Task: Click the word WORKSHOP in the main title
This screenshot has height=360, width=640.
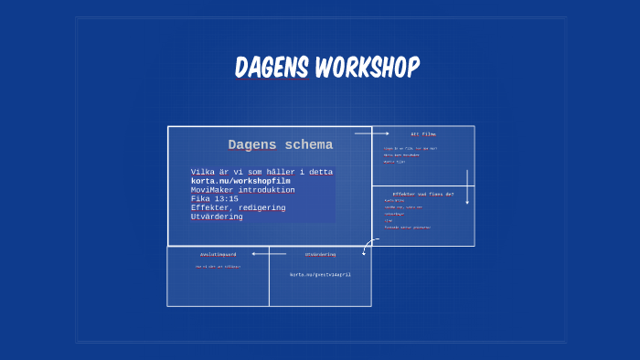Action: pos(367,68)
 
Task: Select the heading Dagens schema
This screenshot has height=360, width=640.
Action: pos(280,145)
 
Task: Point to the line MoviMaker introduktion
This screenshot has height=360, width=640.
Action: pos(242,190)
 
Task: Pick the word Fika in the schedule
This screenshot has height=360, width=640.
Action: pos(200,198)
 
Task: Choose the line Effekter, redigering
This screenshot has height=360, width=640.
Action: pos(238,207)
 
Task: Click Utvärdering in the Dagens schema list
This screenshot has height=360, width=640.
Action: pos(217,217)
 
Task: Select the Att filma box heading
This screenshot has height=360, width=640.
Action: pos(423,134)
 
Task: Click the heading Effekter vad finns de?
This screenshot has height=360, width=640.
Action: pos(422,194)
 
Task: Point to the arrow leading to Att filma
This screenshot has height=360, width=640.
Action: pos(372,133)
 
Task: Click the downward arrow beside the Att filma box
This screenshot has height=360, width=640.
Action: pos(467,186)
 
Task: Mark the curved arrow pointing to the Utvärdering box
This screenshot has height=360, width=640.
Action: pos(368,246)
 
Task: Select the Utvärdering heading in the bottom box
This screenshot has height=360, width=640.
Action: pos(320,254)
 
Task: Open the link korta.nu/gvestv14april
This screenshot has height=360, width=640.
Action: pos(320,274)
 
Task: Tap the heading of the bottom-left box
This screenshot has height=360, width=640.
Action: pos(218,254)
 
